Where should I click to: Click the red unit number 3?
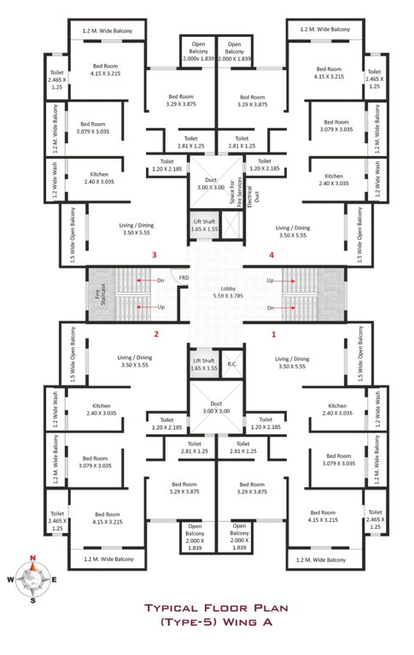(154, 255)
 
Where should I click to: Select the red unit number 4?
(271, 255)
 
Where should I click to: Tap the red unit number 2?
(156, 334)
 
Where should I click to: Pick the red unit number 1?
(273, 334)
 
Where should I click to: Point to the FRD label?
(184, 278)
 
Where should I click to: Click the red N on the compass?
(32, 559)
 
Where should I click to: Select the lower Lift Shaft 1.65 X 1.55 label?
(204, 365)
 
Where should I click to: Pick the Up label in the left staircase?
(160, 307)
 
